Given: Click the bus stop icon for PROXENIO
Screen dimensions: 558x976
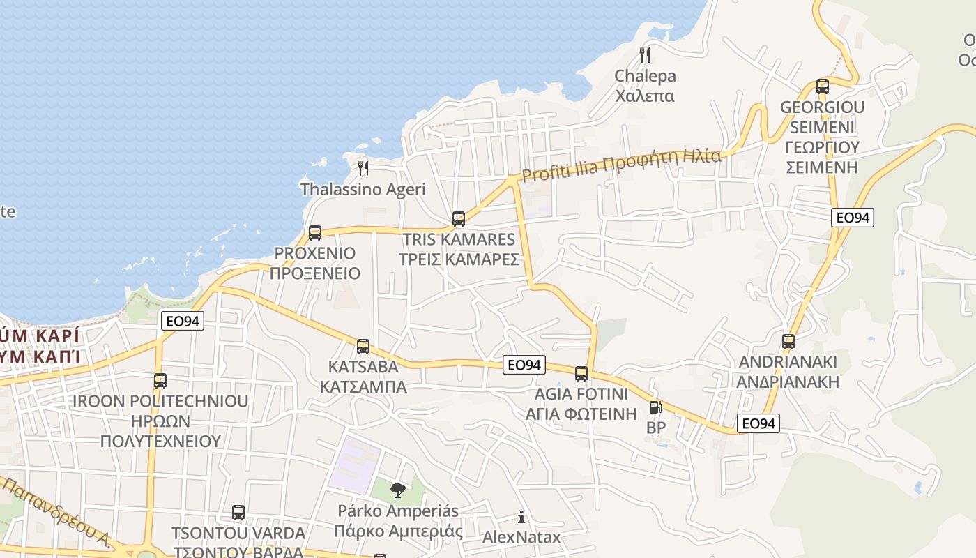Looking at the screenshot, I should click(x=315, y=233).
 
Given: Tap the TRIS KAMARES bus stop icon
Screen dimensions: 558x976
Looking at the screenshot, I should click(x=459, y=219).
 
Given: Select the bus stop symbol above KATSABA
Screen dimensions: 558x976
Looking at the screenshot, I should click(x=363, y=347).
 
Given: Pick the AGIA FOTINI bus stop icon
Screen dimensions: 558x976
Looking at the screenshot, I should click(x=581, y=374).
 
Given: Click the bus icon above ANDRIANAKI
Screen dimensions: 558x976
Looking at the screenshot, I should click(x=788, y=342).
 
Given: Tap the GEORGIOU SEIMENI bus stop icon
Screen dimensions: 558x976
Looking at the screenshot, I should click(x=823, y=86).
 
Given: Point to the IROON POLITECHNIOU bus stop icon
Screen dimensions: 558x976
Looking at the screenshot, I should click(x=160, y=381).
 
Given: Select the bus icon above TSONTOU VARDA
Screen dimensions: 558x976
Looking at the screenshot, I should click(x=238, y=513).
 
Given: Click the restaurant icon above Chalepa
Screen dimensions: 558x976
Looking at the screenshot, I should click(x=645, y=54).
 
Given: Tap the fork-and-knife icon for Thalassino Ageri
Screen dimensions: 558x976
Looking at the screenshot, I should click(x=363, y=168).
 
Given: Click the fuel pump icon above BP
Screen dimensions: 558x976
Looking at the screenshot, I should click(x=655, y=407).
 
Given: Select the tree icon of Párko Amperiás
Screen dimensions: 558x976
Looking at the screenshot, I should click(x=398, y=490).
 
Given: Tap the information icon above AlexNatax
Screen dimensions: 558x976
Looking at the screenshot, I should click(x=521, y=517).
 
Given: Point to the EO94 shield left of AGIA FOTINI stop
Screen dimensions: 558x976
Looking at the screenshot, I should click(x=524, y=365).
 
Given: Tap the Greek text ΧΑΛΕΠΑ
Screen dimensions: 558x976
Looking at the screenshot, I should click(x=645, y=96).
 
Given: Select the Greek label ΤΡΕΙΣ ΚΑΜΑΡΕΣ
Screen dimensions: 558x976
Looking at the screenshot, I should click(x=459, y=259).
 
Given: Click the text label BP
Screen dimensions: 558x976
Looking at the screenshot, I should click(x=656, y=428).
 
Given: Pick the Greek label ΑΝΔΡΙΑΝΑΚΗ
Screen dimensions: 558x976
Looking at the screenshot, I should click(x=788, y=382).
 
